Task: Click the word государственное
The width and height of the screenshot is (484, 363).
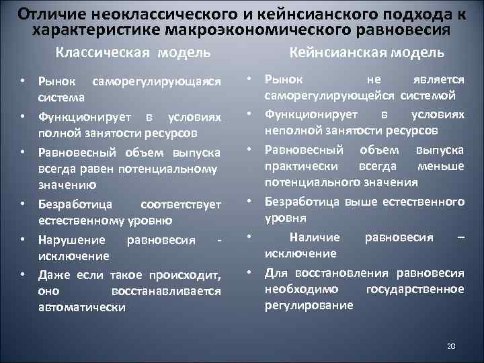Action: pyautogui.click(x=415, y=289)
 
